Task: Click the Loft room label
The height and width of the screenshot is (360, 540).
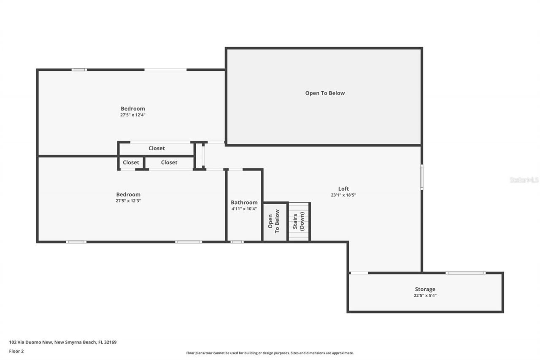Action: pos(343,189)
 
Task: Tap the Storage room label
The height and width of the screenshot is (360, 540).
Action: pos(425,289)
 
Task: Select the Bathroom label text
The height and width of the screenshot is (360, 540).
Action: pos(244,203)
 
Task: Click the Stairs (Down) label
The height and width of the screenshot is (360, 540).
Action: pos(299,221)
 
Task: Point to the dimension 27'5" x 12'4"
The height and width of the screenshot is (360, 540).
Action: pos(132,115)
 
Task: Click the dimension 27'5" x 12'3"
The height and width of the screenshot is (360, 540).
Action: pos(128,201)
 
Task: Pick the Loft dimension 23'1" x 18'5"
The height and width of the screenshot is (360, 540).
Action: pos(343,195)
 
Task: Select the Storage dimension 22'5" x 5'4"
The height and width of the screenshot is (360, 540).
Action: pos(425,295)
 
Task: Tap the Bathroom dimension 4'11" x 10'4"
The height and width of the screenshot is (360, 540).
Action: pos(244,208)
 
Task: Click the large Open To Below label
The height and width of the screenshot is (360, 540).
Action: pos(325,93)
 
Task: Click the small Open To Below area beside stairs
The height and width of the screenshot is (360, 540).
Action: pos(274,222)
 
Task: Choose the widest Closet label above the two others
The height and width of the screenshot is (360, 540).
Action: pos(157,149)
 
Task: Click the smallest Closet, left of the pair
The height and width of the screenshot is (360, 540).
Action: pos(131,162)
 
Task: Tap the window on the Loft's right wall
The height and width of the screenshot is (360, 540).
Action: pos(421,177)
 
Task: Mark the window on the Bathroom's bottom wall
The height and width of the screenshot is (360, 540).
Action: pos(237,242)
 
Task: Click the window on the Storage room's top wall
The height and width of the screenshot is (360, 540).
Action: pos(465,273)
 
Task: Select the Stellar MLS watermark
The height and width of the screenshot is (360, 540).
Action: pos(524,180)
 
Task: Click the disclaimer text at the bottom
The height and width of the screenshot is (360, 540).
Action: pos(270,353)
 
